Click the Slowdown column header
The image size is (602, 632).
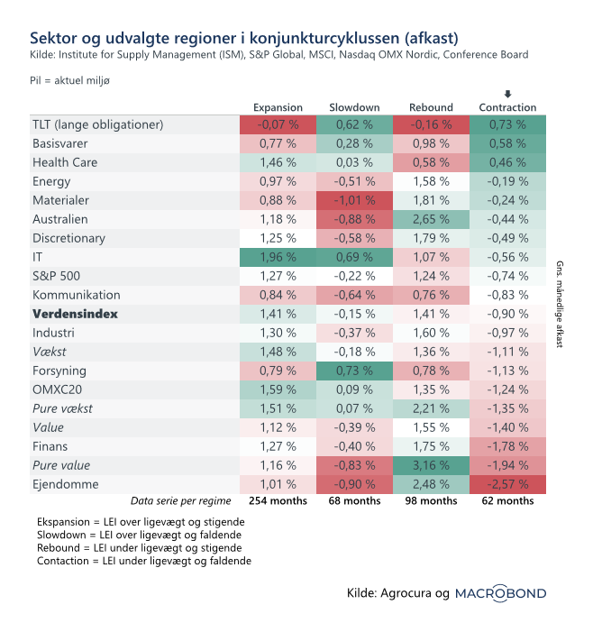tap(354, 107)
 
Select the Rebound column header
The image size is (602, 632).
tap(431, 107)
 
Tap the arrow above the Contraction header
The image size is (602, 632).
tap(508, 94)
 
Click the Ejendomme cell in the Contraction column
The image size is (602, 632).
tap(508, 483)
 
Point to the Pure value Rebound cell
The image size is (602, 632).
tap(431, 464)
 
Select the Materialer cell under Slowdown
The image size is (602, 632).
tap(354, 200)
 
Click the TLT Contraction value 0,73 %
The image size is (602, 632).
tap(508, 125)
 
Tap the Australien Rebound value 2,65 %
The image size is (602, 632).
tap(431, 219)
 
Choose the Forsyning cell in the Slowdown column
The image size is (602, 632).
tap(354, 370)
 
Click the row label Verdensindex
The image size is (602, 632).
tap(75, 314)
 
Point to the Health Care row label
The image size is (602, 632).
tap(65, 162)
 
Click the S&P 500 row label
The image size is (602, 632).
tap(57, 276)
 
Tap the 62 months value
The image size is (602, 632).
tap(508, 500)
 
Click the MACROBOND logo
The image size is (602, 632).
tap(500, 593)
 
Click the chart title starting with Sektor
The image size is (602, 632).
tap(243, 38)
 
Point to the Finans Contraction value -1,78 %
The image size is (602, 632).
tap(508, 445)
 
